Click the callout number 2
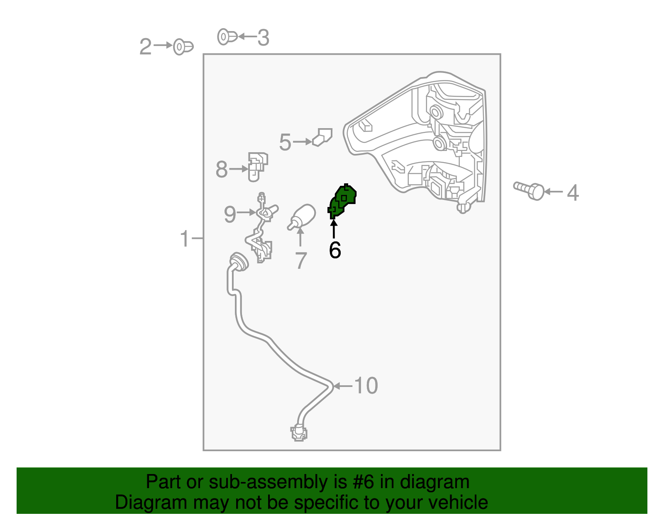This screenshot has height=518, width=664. point(145,47)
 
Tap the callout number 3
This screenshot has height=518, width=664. point(263,38)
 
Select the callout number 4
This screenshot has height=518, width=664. point(573,193)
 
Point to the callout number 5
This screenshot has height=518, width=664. point(285,142)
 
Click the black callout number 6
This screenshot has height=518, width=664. point(335,250)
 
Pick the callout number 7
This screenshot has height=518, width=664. point(301,261)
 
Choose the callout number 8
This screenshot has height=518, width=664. point(222,169)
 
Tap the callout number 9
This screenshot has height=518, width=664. point(230,214)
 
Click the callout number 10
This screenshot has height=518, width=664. point(366,386)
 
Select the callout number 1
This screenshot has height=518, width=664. point(185,238)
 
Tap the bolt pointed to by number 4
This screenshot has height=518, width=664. point(529,191)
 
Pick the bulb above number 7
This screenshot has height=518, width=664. point(302,217)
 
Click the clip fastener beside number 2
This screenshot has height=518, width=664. point(183,47)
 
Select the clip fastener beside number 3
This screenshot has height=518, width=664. point(227,37)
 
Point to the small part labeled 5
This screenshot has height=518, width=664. point(322,137)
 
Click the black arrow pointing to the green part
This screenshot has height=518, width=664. point(334,229)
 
